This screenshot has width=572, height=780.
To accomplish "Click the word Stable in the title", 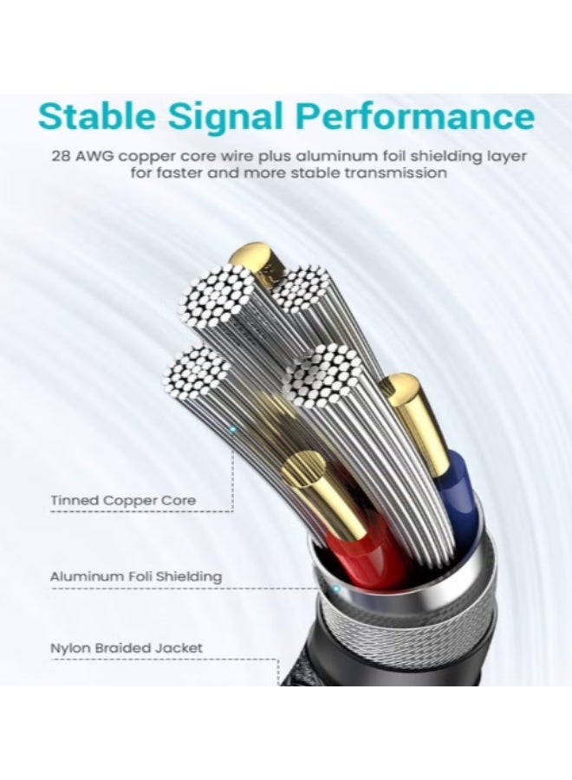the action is pos(97,117).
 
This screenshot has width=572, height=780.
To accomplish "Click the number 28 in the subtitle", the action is pos(60,156).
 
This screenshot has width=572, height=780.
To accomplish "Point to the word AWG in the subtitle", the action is pos(94,156).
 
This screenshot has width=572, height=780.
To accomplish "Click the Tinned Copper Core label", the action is pos(123,500).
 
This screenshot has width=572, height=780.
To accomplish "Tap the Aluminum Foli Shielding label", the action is pos(136,577).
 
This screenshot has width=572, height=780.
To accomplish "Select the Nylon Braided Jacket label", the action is pos(127,648).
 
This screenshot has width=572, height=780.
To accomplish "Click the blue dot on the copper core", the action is pos(231,428).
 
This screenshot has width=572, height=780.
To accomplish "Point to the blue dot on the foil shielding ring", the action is pos(336,589).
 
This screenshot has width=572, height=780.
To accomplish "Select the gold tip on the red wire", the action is pos(318,490).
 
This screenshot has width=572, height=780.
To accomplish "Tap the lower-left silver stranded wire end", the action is pos(197,372).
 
